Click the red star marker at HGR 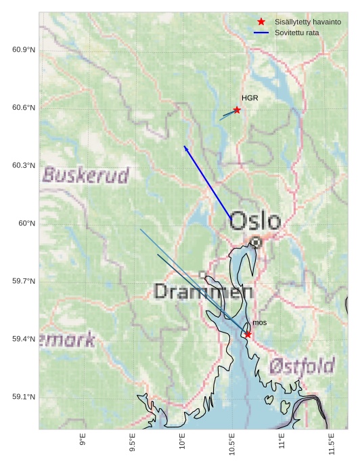[237, 110]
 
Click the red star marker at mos [248, 334]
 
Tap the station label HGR [250, 98]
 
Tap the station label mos [259, 322]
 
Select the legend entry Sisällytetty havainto [307, 22]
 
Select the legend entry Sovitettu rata [296, 33]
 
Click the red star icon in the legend [261, 22]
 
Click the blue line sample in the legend [261, 33]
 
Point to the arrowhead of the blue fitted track [185, 146]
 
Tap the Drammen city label [203, 292]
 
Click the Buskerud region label [85, 175]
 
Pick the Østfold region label [302, 366]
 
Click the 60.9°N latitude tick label [23, 50]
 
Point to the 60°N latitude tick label [26, 224]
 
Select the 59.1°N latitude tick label [23, 397]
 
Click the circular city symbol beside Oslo [256, 242]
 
